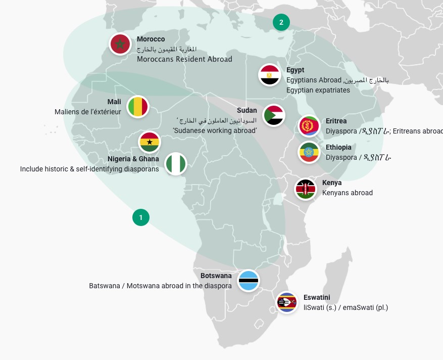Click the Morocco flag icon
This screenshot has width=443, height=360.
pos(120,44)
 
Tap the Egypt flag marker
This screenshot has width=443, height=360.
pos(270,75)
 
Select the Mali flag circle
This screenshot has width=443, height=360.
pos(138,107)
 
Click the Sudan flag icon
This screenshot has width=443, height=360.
pos(274,115)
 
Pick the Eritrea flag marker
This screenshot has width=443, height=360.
pos(309,126)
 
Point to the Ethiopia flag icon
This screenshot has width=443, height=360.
pos(309,152)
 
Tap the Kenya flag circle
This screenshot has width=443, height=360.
pos(306,189)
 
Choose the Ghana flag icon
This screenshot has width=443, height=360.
pos(150,142)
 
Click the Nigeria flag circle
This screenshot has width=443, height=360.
pos(176,163)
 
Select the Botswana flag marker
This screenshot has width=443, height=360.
pos(249,281)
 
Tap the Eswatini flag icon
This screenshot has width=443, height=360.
pos(287,303)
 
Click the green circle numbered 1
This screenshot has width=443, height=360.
pos(141,217)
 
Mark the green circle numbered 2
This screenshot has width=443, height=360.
pos(281,22)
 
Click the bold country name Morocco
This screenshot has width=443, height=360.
pos(151,39)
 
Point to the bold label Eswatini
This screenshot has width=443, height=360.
pos(317,297)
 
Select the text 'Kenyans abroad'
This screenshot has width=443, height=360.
pos(348,193)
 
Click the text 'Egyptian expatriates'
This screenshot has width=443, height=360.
pos(318,90)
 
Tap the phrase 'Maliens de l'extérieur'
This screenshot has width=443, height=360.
pos(88,111)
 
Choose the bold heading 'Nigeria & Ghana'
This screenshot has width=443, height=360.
pos(133,159)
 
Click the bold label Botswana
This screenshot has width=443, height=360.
pos(216,276)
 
